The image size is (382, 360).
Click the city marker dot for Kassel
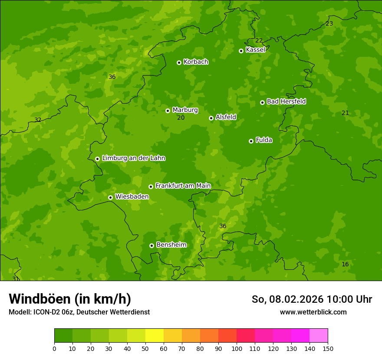coord(241,51)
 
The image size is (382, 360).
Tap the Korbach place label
coord(196,62)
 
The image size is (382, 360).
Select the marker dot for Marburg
coord(168,111)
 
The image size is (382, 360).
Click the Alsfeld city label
coord(226,117)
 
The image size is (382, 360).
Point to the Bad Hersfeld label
coord(286,101)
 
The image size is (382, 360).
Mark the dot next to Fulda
coord(251,141)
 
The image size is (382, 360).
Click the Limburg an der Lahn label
coord(133,158)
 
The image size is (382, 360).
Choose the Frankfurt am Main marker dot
coord(151,187)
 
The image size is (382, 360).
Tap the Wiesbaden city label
coord(132,197)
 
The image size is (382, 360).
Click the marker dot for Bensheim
coord(151,245)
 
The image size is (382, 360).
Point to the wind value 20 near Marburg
coord(181,118)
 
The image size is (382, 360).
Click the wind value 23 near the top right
coord(329,24)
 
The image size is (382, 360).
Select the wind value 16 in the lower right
coord(345,265)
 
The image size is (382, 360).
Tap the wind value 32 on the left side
coord(38,120)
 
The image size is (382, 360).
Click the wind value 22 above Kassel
coord(259,41)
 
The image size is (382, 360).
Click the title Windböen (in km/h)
coord(70,299)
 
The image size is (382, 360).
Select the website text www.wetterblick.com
coord(313,312)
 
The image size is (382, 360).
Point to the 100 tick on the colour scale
coord(237,349)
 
